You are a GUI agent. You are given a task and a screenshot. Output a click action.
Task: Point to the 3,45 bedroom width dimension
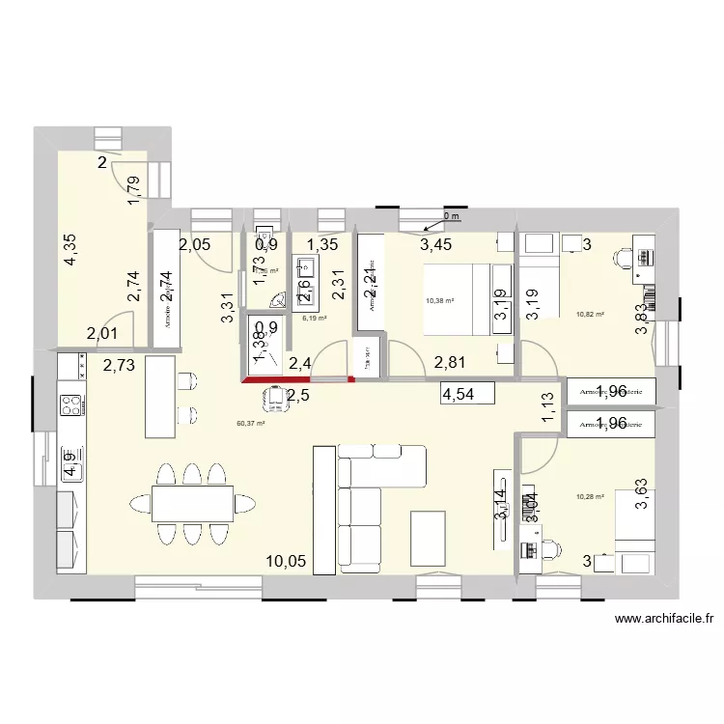tap(436, 244)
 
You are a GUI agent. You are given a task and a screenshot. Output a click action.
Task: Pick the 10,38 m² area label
tap(439, 300)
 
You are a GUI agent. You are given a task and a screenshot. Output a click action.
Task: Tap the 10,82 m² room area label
tap(589, 314)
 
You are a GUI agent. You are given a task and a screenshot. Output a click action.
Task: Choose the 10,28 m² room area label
tap(588, 497)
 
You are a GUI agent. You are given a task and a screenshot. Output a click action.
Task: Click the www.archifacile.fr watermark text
tap(662, 621)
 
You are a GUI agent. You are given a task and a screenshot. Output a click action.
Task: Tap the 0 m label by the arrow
tap(452, 216)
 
